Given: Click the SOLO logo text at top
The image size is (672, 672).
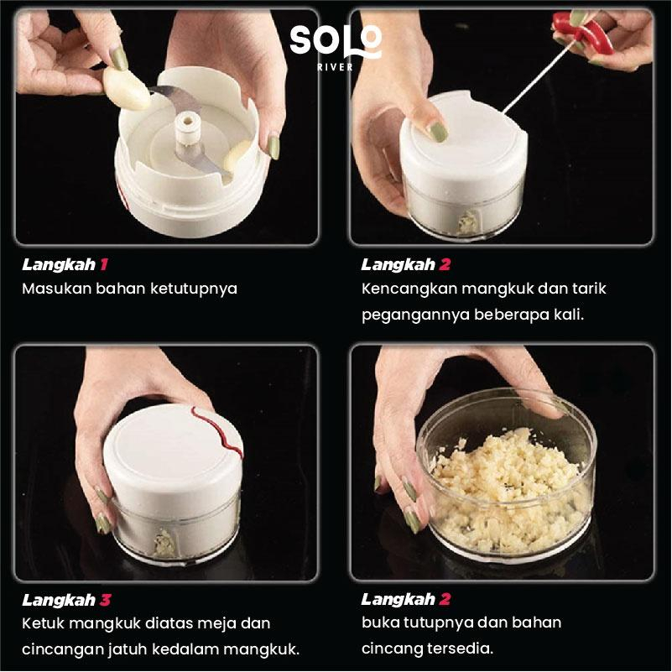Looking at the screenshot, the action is pyautogui.click(x=335, y=41).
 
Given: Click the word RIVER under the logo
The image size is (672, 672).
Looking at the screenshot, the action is pyautogui.click(x=335, y=67).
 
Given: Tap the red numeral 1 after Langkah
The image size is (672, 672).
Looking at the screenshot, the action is pyautogui.click(x=104, y=264).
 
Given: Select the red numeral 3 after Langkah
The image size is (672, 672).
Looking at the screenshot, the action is pyautogui.click(x=106, y=600).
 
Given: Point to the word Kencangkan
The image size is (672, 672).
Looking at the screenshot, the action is pyautogui.click(x=409, y=289).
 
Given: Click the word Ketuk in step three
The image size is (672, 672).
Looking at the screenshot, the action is pyautogui.click(x=44, y=623).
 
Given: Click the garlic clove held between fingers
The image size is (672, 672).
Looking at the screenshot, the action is pyautogui.click(x=126, y=89).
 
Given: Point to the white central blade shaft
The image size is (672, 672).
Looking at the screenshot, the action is pyautogui.click(x=188, y=128).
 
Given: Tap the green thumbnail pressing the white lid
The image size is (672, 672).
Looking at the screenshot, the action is pyautogui.click(x=438, y=132).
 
